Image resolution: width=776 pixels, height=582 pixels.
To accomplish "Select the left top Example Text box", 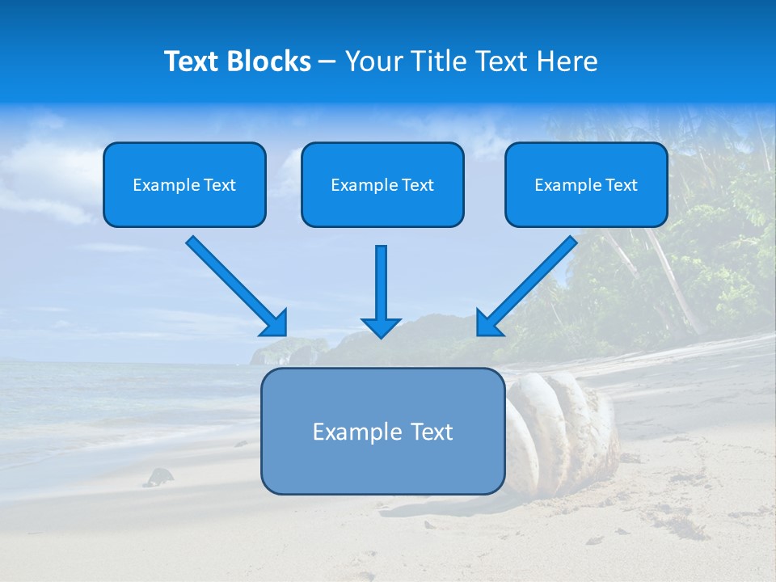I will point(184,184).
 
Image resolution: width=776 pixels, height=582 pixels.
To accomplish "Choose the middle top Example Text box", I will point(382,184).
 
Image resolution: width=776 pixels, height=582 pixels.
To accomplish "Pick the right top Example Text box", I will point(586,184).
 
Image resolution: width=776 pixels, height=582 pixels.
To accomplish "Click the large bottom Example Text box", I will point(382,431).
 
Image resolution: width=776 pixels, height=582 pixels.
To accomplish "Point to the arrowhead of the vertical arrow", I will point(381,327).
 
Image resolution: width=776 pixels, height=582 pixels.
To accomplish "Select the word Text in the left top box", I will point(220,185).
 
